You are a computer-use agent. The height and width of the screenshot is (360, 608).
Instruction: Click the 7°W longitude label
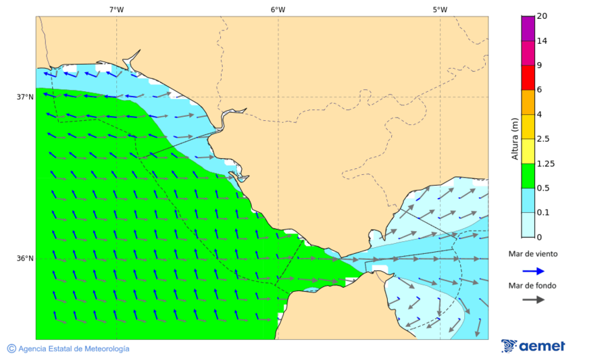click(x=116, y=9)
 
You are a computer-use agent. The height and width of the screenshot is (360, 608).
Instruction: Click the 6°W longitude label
click(x=278, y=9)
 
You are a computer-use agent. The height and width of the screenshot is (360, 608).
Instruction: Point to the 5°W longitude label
click(x=440, y=9)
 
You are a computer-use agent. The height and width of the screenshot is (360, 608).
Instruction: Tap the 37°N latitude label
click(x=25, y=97)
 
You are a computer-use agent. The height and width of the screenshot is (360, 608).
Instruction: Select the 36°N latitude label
click(x=25, y=259)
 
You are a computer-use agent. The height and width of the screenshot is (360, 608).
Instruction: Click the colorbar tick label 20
click(x=542, y=16)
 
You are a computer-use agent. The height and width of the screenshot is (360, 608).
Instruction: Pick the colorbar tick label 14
click(x=542, y=41)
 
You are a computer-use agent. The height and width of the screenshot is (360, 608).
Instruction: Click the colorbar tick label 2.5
click(x=542, y=139)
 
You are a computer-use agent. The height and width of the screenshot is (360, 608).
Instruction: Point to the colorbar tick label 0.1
click(x=542, y=213)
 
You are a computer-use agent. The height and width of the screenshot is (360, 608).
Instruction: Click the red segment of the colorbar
click(x=528, y=77)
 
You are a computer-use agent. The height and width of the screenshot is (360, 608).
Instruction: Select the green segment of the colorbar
click(x=528, y=176)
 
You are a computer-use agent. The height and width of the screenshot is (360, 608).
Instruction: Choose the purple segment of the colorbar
click(x=528, y=28)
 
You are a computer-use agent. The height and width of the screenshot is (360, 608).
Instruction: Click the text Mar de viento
click(x=533, y=254)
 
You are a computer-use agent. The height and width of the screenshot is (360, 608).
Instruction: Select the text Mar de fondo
click(x=533, y=285)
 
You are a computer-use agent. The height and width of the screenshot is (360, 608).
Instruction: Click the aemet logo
click(x=533, y=346)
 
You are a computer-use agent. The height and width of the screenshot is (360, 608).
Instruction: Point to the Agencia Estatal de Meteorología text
click(x=68, y=349)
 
